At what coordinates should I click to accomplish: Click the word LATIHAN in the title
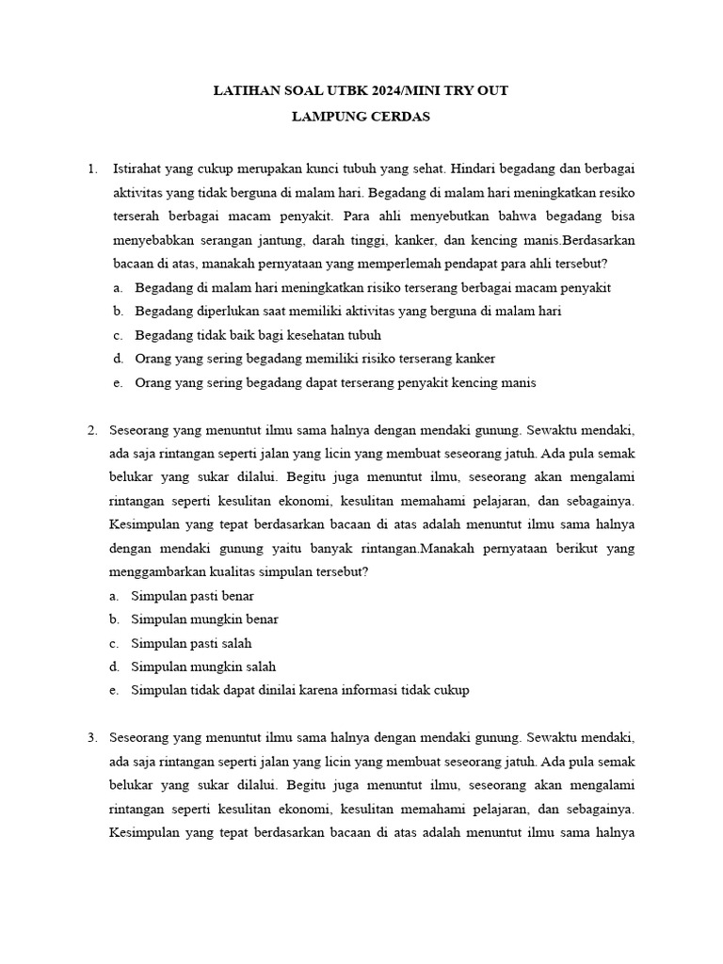pos(242,90)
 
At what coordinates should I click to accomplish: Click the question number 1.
pos(91,169)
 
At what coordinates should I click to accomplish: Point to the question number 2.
pos(92,430)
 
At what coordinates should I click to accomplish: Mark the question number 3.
pos(92,736)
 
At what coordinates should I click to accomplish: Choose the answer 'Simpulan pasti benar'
pos(193,596)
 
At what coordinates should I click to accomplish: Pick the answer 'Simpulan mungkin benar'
pos(204,619)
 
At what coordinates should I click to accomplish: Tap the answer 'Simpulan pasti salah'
pos(192,644)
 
